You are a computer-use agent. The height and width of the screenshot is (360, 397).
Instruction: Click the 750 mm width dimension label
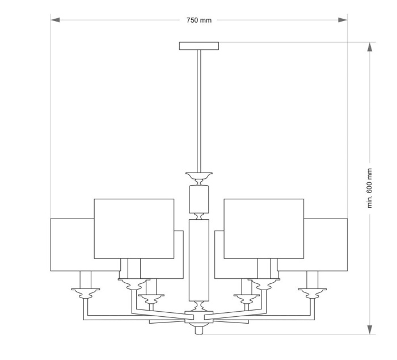[198, 20]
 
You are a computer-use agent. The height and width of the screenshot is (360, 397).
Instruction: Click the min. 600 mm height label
[370, 188]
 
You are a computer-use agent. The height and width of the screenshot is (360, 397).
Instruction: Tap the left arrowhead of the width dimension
[55, 20]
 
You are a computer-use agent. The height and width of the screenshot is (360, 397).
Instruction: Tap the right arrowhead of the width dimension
[343, 20]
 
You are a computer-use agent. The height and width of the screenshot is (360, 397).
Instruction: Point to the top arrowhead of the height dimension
[370, 47]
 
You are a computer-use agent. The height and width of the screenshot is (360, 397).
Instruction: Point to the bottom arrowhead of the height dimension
[370, 330]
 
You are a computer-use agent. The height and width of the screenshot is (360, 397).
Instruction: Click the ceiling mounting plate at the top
[198, 46]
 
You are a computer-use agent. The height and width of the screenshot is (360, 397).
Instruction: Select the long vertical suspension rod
[198, 108]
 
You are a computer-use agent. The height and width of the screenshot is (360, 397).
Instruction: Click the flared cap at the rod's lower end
[198, 175]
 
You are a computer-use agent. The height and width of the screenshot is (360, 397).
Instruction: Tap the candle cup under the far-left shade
[86, 293]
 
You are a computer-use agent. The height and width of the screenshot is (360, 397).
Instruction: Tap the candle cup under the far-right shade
[312, 293]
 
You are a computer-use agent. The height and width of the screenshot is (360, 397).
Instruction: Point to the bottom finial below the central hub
[198, 329]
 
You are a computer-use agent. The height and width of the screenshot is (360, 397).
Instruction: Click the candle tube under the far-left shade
[86, 279]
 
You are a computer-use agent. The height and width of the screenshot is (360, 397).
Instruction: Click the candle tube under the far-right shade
[312, 279]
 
